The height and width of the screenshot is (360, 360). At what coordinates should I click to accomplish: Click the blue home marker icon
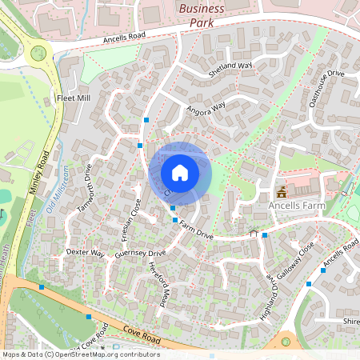180,172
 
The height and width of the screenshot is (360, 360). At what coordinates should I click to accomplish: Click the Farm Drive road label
196,230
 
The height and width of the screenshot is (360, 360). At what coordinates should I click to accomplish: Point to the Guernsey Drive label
140,254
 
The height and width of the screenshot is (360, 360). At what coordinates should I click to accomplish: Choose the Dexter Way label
86,253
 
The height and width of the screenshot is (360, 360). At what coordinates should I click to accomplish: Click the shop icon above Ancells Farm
282,192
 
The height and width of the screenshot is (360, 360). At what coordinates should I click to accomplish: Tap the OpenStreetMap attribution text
80,354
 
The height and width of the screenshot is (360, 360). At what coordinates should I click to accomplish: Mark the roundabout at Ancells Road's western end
37,54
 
